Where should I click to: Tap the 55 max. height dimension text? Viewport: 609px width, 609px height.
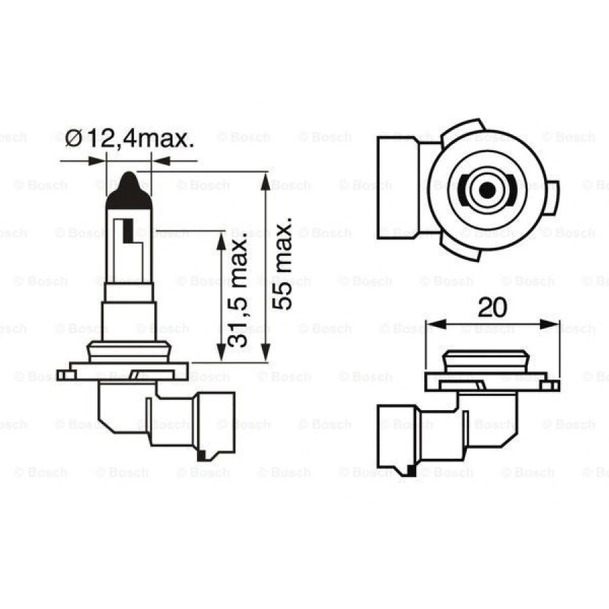[x=284, y=264]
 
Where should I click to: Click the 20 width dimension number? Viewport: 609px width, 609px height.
[x=492, y=308]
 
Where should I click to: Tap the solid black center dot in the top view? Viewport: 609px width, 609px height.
[x=486, y=190]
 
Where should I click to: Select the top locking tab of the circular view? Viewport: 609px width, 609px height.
[x=466, y=129]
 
